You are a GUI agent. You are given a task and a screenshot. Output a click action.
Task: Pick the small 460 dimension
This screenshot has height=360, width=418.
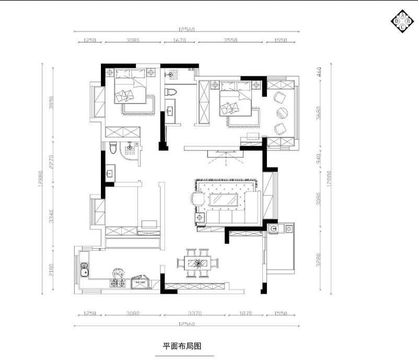pos(318,72)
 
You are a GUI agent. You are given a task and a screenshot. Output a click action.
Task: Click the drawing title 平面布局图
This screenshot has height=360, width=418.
pos(182,345)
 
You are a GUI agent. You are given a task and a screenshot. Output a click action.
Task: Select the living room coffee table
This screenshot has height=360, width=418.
pos(225,200)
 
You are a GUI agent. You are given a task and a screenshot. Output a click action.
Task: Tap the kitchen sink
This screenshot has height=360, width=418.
pos(84,270)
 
